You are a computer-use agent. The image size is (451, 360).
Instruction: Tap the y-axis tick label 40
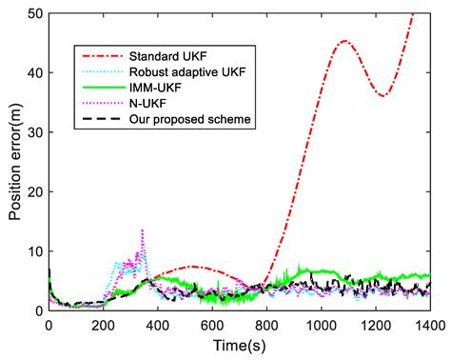coord(35,72)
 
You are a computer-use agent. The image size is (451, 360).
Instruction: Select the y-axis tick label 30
coord(35,132)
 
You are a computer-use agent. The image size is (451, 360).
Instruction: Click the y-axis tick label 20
coord(35,191)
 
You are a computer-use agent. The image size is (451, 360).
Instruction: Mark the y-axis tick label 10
coord(35,251)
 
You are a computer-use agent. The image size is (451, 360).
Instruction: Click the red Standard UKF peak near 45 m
coord(343,41)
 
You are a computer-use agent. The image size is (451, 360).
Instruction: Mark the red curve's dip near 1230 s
coord(382,96)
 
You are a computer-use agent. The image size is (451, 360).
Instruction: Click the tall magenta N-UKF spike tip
coord(142,230)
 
